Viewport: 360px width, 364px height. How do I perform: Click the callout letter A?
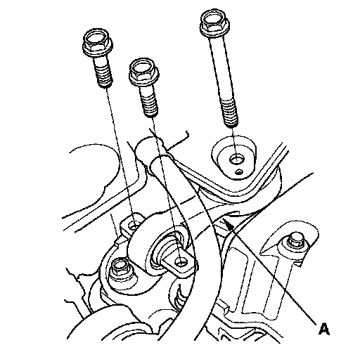coord(323,329)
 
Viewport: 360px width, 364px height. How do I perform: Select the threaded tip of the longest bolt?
coord(230,113)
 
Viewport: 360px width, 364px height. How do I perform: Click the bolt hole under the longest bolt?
coord(236,160)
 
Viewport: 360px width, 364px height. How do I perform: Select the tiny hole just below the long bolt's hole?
coord(238,172)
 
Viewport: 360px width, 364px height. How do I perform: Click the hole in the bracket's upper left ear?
coord(135,226)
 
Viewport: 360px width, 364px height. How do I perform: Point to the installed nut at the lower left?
coord(121,269)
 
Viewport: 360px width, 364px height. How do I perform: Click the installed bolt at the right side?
coord(296,240)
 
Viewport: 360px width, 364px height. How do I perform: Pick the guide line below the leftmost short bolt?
coord(120,155)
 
